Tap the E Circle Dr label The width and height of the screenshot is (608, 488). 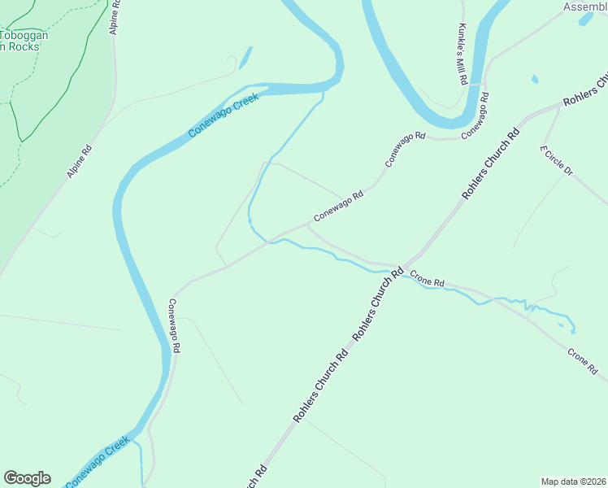pyautogui.click(x=557, y=160)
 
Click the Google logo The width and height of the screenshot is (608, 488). pyautogui.click(x=27, y=478)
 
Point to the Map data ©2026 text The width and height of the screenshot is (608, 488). pyautogui.click(x=572, y=481)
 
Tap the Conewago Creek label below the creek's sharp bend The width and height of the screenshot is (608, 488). pyautogui.click(x=224, y=115)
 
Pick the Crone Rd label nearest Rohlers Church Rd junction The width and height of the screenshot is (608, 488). pyautogui.click(x=427, y=278)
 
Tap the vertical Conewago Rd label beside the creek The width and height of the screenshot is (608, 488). pyautogui.click(x=174, y=326)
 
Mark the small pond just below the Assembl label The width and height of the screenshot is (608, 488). pyautogui.click(x=585, y=19)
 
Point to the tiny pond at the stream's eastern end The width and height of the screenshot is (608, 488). pyautogui.click(x=573, y=330)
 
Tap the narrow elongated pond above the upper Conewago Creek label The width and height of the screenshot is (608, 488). pyautogui.click(x=245, y=57)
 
